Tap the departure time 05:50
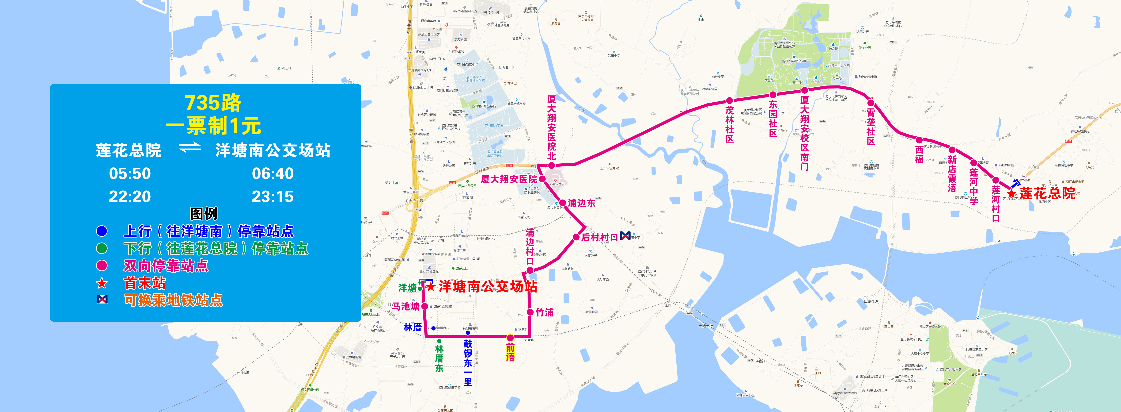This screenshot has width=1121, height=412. (x=130, y=173)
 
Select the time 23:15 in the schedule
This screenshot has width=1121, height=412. (x=273, y=196)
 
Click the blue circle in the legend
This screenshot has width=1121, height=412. (x=102, y=231)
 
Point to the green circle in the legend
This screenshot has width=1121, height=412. (x=102, y=248)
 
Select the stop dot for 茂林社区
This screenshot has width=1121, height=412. (x=729, y=101)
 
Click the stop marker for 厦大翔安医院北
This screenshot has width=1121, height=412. (x=551, y=166)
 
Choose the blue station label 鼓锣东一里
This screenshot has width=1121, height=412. (x=468, y=362)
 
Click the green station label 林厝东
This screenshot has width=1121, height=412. (x=439, y=358)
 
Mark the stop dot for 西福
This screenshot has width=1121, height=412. (x=919, y=140)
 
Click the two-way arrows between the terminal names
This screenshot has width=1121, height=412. (x=190, y=148)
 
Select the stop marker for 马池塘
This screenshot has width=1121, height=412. (x=425, y=306)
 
